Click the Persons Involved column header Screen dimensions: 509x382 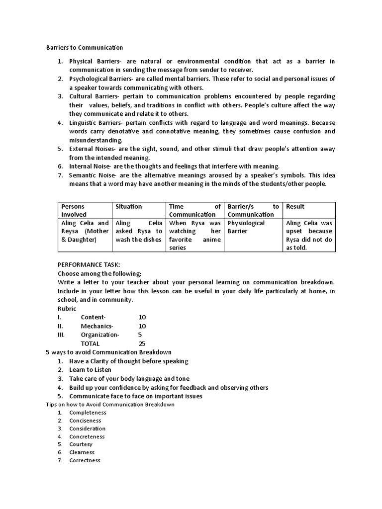tap(73, 210)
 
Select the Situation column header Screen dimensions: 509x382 tap(128, 206)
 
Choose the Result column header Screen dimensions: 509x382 tap(295, 206)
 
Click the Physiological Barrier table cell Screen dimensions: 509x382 tap(246, 227)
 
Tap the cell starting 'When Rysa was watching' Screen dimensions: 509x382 tap(195, 235)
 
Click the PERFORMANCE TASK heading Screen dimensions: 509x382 tap(89, 265)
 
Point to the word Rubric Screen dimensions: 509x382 tap(67, 308)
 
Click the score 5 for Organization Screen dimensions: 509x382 tap(140, 335)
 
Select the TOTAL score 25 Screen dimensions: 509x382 tap(142, 343)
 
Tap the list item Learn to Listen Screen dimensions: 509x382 tap(90, 370)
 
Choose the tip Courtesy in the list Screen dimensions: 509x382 tap(81, 444)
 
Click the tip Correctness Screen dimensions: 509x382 tap(85, 460)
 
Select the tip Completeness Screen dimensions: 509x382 tap(88, 413)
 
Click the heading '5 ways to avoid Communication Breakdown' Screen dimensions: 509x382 tap(108, 352)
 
